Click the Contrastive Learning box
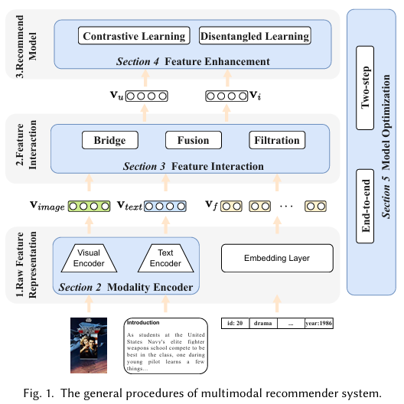pos(134,36)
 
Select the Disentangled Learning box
pos(255,36)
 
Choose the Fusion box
pos(193,140)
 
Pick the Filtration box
pos(276,140)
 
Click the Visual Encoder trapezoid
pos(90,259)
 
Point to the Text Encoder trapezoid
pos(165,259)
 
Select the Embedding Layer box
pos(278,259)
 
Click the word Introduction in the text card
pos(144,323)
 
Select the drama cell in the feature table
pos(263,323)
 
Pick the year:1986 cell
pos(318,323)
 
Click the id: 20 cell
pos(236,323)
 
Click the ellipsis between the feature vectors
pos(286,206)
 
